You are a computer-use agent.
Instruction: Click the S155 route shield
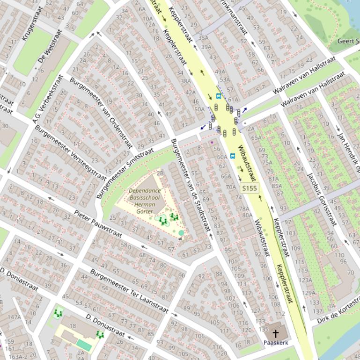pyautogui.click(x=249, y=188)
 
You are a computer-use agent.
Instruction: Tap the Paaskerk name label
pyautogui.click(x=276, y=342)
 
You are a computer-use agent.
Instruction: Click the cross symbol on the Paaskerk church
pyautogui.click(x=276, y=333)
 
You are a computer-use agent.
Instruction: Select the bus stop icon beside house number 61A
pyautogui.click(x=219, y=96)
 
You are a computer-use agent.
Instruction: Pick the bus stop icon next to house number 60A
pyautogui.click(x=233, y=156)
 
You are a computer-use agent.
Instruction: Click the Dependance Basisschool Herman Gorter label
pyautogui.click(x=145, y=201)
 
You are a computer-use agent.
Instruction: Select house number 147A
pyautogui.click(x=15, y=317)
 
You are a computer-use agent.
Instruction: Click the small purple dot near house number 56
pyautogui.click(x=212, y=142)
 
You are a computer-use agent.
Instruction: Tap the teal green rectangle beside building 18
pyautogui.click(x=84, y=345)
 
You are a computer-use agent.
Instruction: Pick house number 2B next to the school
pyautogui.click(x=160, y=173)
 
